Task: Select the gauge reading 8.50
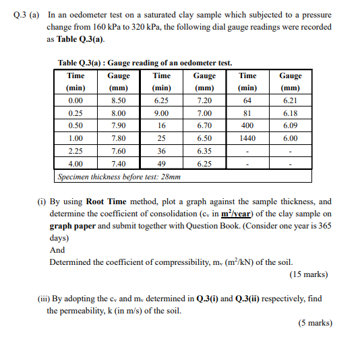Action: tap(118, 100)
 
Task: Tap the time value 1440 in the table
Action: tap(247, 138)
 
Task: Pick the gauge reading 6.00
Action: tap(291, 138)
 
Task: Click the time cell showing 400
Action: tap(247, 125)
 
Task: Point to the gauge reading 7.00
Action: tap(204, 113)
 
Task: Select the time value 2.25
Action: tap(76, 151)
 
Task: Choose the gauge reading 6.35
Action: tap(204, 151)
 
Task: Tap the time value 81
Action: tap(247, 113)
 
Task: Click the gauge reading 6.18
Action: tap(291, 113)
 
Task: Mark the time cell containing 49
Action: tap(161, 163)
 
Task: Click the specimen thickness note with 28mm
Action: tap(119, 176)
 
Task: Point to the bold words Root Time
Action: tap(106, 202)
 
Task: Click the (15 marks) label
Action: tap(309, 274)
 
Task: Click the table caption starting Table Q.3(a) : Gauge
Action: tap(145, 63)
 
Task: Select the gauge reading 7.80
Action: tap(118, 138)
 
